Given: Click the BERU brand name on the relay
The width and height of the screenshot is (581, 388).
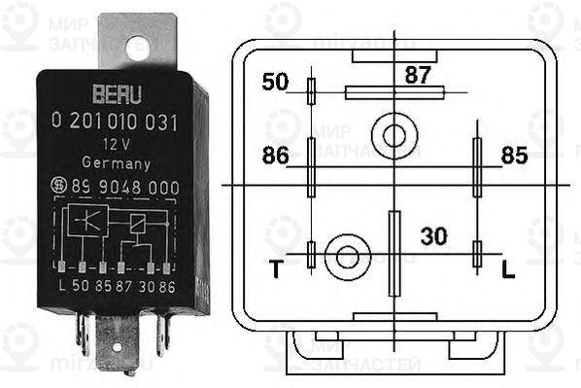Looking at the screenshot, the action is coord(117,95).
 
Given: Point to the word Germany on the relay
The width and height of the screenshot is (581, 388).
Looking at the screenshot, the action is coord(116,162).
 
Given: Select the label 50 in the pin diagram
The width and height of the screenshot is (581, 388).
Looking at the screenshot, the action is coord(275,82).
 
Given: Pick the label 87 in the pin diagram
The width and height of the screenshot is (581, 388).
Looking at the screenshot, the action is coord(418,73).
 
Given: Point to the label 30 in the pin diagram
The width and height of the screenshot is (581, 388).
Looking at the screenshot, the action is coord(432,235).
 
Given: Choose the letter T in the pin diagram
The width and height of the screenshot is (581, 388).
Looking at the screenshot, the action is coord(276,269).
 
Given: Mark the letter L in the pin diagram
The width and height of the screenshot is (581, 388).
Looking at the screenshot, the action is coord(507,269).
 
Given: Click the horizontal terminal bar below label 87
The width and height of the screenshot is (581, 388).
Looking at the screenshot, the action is coord(393,92).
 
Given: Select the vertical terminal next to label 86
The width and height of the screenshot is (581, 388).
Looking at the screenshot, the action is coord(311,167).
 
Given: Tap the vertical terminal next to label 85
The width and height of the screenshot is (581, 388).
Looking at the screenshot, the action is coord(477,167).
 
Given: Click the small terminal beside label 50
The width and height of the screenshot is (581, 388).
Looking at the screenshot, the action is coord(311,91).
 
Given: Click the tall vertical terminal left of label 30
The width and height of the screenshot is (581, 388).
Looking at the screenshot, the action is coord(393,253).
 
